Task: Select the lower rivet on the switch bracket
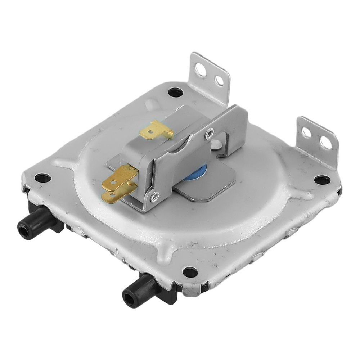155,196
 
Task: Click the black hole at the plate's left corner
42,178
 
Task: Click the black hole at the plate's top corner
175,92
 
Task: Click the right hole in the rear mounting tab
219,81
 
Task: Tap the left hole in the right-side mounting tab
306,133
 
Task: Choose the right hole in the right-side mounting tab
325,143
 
